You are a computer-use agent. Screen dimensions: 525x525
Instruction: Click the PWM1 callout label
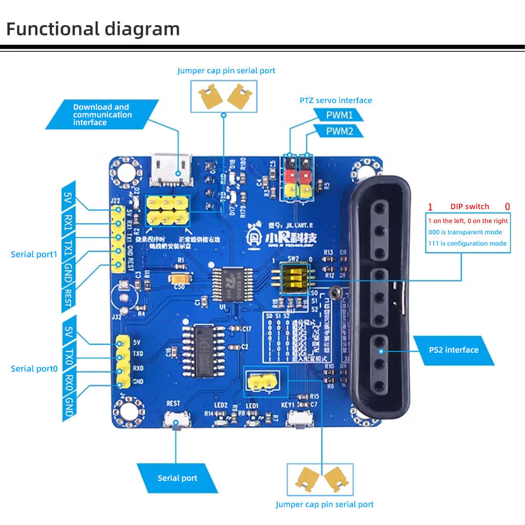pyautogui.click(x=339, y=114)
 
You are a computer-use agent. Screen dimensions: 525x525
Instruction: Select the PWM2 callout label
pyautogui.click(x=339, y=132)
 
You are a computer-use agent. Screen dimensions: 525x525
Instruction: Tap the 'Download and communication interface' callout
pyautogui.click(x=103, y=114)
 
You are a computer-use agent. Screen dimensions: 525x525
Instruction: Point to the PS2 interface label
pyautogui.click(x=453, y=350)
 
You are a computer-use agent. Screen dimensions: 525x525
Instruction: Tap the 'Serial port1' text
pyautogui.click(x=34, y=254)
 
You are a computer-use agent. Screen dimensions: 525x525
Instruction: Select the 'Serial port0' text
pyautogui.click(x=34, y=369)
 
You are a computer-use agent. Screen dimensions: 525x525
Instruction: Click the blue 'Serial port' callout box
pyautogui.click(x=177, y=478)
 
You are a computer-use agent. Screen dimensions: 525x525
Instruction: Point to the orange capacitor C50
pyautogui.click(x=179, y=278)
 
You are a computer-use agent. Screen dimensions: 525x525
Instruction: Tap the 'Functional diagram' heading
pyautogui.click(x=93, y=29)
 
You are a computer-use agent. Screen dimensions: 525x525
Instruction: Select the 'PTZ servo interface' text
pyautogui.click(x=336, y=100)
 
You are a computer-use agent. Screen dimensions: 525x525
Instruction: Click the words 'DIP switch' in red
pyautogui.click(x=470, y=207)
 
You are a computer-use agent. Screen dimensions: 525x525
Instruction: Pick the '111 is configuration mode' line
pyautogui.click(x=468, y=244)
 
